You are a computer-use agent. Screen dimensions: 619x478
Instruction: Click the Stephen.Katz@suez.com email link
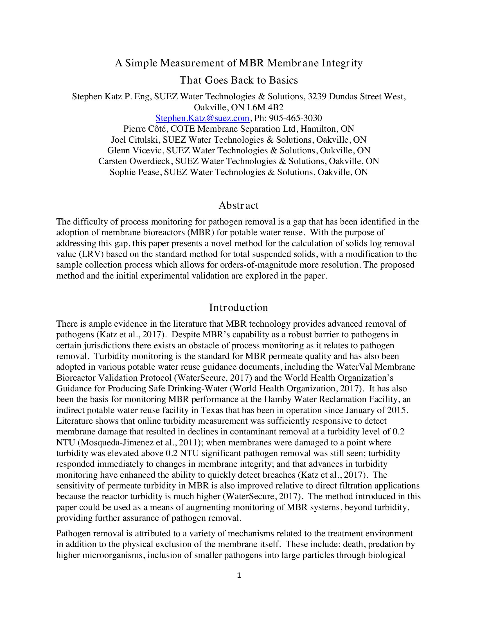(202, 118)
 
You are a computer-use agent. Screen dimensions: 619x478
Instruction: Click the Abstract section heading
(238, 205)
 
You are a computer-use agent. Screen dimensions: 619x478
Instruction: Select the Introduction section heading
(238, 308)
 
